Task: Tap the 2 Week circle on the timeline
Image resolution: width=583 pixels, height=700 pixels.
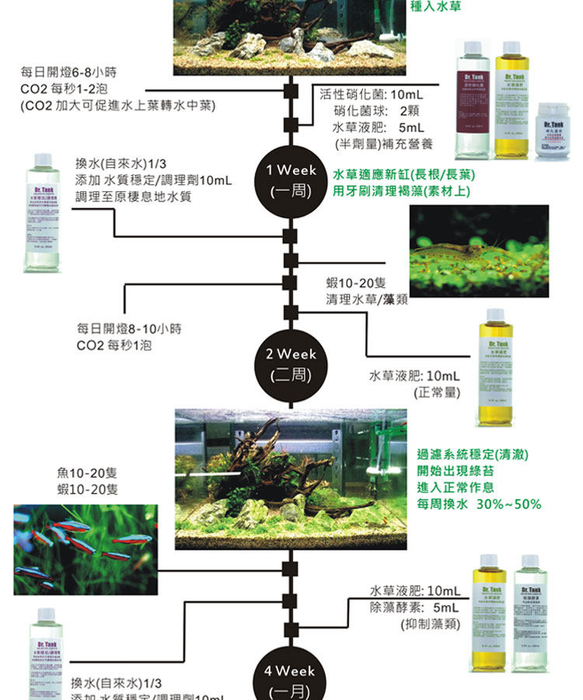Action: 291,365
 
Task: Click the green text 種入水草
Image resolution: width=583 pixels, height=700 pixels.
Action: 435,6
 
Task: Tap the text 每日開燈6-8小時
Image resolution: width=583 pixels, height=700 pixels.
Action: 68,74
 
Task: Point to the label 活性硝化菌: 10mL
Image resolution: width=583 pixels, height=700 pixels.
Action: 372,94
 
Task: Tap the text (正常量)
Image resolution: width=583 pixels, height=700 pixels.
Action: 438,392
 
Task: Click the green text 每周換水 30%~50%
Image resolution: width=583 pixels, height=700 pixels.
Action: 479,505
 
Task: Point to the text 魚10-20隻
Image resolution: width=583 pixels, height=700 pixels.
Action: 87,473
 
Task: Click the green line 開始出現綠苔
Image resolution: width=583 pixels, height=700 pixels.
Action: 455,471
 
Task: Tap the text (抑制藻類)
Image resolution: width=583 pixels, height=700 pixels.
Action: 430,624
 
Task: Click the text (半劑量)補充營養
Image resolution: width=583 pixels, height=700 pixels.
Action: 383,144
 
